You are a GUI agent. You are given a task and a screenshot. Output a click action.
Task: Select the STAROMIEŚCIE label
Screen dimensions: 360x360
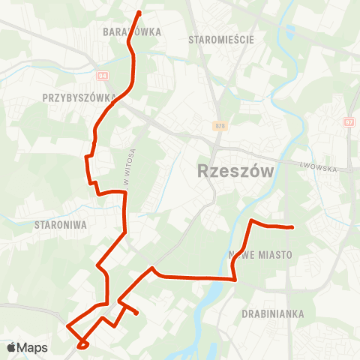pos(221,39)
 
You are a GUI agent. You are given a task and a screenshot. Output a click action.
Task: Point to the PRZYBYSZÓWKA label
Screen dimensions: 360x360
pos(79,97)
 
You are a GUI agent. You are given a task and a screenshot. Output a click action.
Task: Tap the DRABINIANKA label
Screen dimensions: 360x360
pos(274,313)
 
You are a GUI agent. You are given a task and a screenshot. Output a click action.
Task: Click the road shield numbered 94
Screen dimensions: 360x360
pos(103,76)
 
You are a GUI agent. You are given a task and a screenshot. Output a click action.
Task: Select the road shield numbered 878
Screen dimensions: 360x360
pos(218,126)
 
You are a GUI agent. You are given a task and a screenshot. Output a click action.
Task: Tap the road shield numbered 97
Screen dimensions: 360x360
pos(348,121)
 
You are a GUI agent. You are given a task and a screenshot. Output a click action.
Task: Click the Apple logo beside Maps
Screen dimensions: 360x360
pos(11,347)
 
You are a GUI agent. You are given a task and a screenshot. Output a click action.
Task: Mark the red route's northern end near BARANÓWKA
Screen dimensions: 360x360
pos(139,13)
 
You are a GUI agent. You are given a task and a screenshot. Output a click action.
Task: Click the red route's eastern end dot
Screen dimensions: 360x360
pos(291,227)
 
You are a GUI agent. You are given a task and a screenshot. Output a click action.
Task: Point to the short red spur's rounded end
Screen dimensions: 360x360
pos(136,313)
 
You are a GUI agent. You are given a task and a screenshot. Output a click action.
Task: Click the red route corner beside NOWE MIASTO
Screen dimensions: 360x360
pos(236,279)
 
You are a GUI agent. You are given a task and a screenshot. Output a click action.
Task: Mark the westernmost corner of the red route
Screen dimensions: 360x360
pos(67,326)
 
